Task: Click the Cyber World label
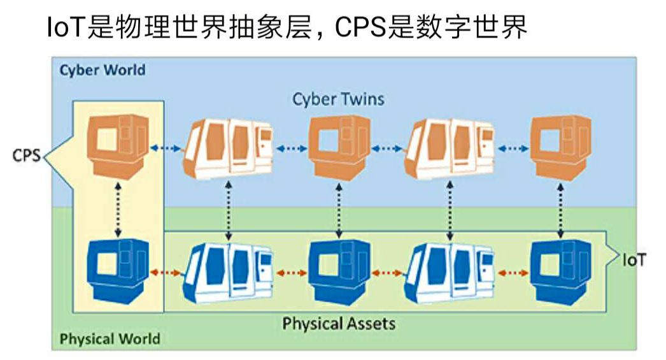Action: coord(102,69)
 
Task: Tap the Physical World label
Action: coord(110,338)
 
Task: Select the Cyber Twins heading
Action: coord(338,99)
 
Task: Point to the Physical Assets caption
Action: coord(339,323)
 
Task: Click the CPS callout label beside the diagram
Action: coord(26,155)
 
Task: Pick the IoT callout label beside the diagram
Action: coord(634,260)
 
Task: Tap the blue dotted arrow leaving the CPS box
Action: coord(166,148)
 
